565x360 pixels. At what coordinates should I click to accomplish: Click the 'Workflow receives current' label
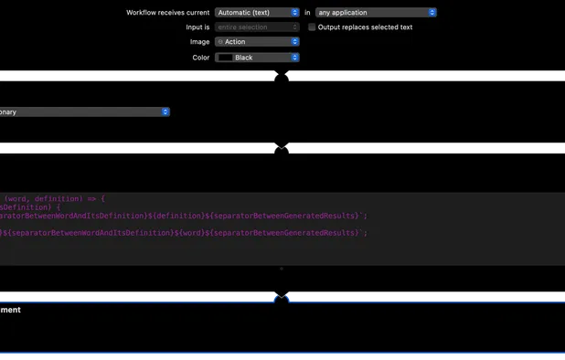point(167,13)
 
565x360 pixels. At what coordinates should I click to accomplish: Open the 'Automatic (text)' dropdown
point(257,13)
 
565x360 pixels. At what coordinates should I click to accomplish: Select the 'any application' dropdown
point(376,13)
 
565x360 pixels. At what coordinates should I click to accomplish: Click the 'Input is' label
point(197,27)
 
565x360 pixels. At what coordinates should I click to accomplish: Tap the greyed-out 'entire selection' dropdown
point(257,27)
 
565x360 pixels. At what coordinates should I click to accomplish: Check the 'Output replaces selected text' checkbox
point(312,27)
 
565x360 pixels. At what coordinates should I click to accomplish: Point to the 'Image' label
point(199,42)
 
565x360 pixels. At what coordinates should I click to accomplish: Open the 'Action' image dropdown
point(257,42)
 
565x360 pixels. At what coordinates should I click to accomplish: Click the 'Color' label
point(200,58)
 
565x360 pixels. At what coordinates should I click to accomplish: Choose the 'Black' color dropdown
point(257,58)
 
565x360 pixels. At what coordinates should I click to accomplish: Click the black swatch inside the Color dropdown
point(225,58)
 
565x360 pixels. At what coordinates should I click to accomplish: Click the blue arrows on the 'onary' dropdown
point(165,111)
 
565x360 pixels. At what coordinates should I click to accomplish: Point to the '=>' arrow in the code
point(91,198)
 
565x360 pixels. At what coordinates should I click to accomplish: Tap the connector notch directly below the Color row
point(282,78)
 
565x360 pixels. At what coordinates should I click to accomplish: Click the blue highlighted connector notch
point(282,297)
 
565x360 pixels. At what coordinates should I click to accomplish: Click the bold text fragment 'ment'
point(11,311)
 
